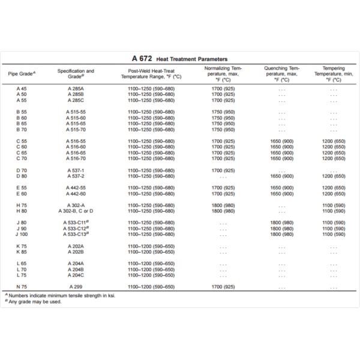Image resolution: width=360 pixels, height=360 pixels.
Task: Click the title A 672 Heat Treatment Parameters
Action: [x=180, y=59]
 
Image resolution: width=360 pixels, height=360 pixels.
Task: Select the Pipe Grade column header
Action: [x=22, y=74]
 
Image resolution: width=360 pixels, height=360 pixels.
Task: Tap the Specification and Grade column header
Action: [x=76, y=74]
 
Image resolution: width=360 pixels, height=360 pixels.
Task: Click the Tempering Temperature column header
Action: [x=334, y=74]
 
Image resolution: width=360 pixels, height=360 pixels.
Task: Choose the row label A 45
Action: [x=22, y=89]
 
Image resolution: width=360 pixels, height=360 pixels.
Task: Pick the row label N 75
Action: [x=22, y=287]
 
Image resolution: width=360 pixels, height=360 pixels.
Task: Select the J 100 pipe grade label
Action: [x=22, y=234]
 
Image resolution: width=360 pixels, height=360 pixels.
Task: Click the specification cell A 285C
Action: [x=76, y=100]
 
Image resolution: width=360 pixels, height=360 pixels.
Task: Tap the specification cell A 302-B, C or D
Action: [x=76, y=211]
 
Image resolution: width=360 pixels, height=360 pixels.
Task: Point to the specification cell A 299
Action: [x=76, y=287]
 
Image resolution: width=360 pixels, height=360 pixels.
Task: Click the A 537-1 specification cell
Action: [x=76, y=170]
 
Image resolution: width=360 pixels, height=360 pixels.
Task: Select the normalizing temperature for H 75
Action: [x=223, y=205]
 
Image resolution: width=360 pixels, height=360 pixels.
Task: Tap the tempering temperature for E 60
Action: [x=334, y=194]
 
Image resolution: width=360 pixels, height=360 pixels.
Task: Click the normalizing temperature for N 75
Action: [x=223, y=287]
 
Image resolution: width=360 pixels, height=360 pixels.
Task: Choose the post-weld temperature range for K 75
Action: [x=147, y=246]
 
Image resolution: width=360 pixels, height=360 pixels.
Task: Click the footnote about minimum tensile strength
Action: [x=60, y=296]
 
